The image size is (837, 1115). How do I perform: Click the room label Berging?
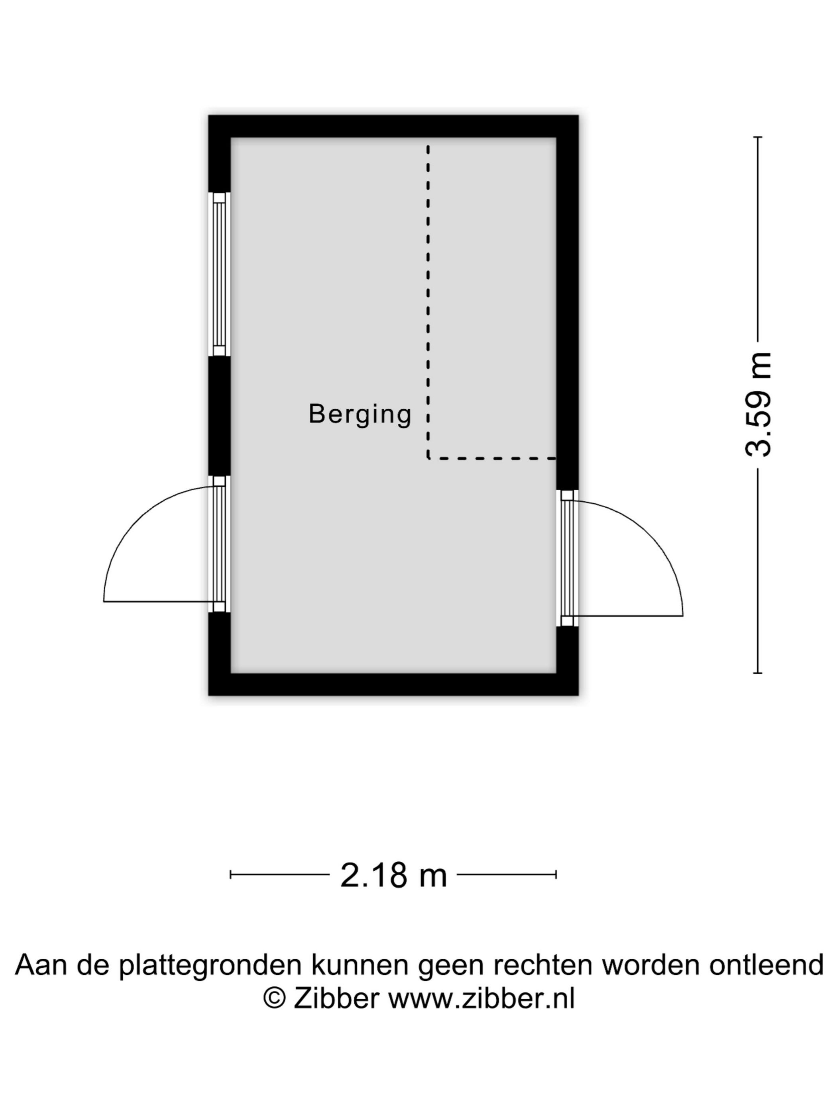click(x=360, y=415)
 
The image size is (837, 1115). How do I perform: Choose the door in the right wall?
click(x=568, y=559)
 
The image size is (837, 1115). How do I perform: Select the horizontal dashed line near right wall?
click(x=492, y=458)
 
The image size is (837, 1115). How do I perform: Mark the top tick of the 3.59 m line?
click(x=757, y=137)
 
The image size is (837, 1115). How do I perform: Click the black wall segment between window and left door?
click(x=220, y=416)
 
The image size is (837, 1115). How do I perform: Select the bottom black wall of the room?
click(x=393, y=685)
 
